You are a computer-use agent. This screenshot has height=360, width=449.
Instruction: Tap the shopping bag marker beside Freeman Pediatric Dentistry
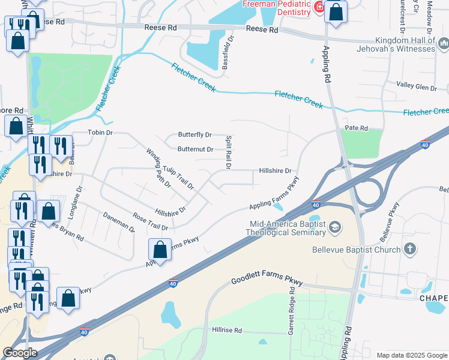point(336,11)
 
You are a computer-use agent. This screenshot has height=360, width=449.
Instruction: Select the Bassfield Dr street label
point(229,52)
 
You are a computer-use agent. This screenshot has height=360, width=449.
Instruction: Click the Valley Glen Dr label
point(417,88)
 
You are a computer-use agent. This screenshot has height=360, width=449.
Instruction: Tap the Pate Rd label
point(356,128)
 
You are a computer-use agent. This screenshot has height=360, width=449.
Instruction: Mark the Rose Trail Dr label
point(151,223)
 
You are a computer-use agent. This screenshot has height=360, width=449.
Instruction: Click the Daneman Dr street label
point(119,222)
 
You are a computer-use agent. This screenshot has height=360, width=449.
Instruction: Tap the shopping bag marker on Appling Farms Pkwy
point(160,250)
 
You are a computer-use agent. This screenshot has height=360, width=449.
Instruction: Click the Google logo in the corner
point(20,353)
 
